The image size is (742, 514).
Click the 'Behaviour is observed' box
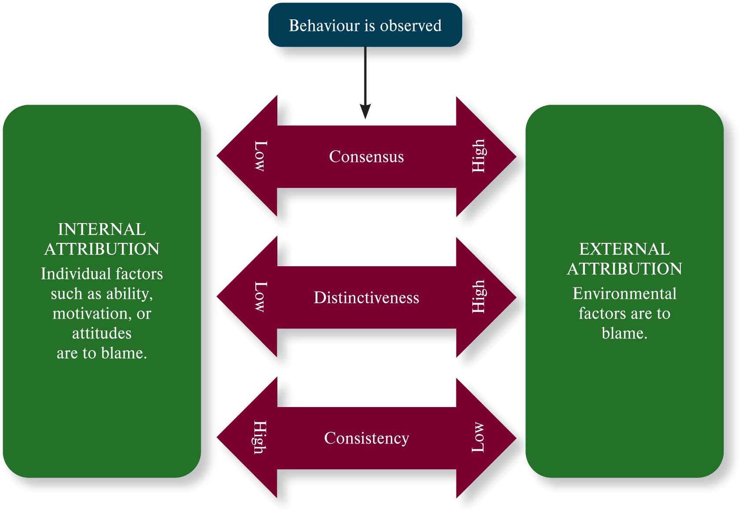[x=365, y=25]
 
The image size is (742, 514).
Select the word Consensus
[x=366, y=157]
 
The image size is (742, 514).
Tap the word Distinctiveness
[x=366, y=297]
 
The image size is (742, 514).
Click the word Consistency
[x=366, y=438]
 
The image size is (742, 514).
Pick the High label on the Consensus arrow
[x=478, y=156]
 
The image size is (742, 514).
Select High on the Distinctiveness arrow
[x=478, y=297]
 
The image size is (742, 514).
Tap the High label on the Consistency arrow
[x=260, y=438]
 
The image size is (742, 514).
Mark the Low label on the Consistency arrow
[x=478, y=437]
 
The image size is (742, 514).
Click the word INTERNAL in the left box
[x=102, y=229]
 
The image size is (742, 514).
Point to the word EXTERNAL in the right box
[x=624, y=249]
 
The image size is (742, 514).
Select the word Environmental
[x=624, y=294]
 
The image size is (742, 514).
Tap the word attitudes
[x=102, y=333]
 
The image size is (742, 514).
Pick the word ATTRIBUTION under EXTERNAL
[x=624, y=269]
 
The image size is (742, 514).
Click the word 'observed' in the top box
[x=411, y=26]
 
